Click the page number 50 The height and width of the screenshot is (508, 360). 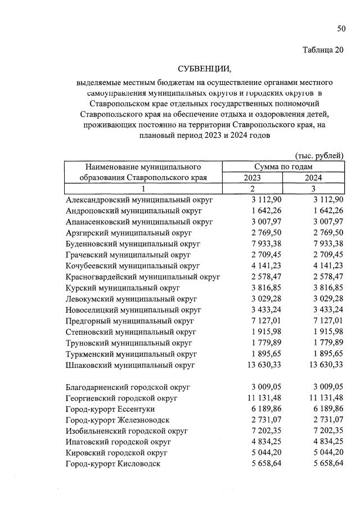click(x=341, y=29)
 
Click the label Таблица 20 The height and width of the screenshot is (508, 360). click(x=322, y=50)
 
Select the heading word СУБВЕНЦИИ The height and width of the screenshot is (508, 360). click(x=205, y=69)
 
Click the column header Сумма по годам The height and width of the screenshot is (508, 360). click(x=283, y=167)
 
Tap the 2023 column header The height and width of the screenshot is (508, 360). click(x=253, y=178)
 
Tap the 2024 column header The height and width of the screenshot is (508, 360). click(x=314, y=178)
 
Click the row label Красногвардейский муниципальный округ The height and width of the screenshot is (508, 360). click(x=143, y=277)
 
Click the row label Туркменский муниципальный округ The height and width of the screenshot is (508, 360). click(x=131, y=354)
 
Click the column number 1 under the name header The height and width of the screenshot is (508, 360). click(x=143, y=188)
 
